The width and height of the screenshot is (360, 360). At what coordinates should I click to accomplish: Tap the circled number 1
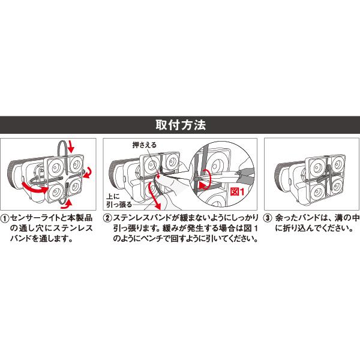pyautogui.click(x=5, y=219)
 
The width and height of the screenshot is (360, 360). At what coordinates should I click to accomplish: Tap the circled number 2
pyautogui.click(x=109, y=219)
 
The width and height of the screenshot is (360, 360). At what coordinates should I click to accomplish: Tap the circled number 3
pyautogui.click(x=268, y=219)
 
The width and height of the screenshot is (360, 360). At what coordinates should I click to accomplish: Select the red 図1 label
pyautogui.click(x=238, y=191)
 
